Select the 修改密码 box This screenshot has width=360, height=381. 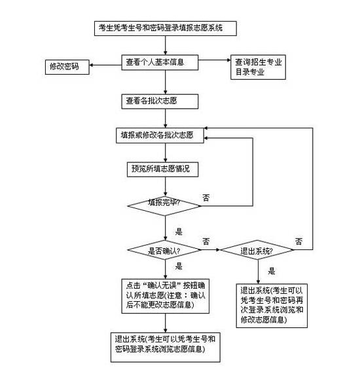[x=66, y=67]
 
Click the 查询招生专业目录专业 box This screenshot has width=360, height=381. [x=257, y=67]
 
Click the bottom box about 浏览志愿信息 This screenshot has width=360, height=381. [x=165, y=344]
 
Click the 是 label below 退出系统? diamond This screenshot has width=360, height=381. [x=271, y=270]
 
